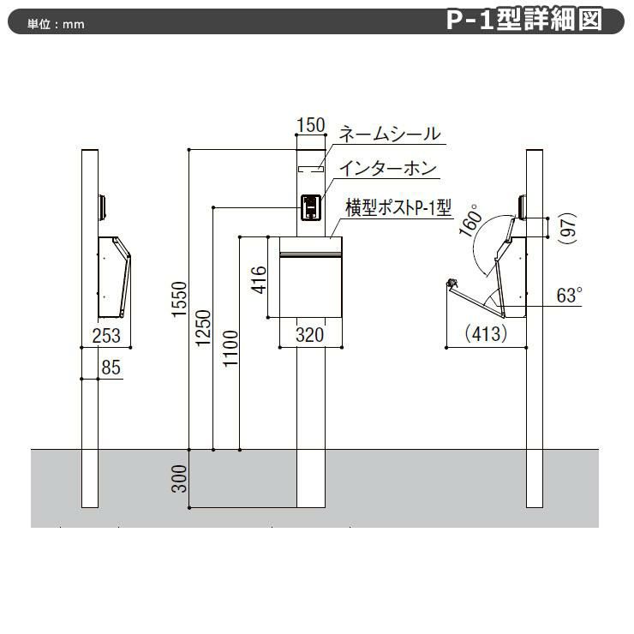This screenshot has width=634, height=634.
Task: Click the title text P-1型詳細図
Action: point(523,21)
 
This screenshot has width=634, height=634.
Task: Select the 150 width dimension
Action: point(311,125)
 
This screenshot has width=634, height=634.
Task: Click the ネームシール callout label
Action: point(390,135)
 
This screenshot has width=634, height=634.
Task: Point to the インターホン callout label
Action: point(387,170)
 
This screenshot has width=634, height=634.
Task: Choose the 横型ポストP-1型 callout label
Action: point(398,206)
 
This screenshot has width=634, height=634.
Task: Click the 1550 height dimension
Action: point(178,300)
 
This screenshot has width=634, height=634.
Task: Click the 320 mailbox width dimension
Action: point(310,335)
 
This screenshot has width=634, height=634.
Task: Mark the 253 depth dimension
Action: point(105,335)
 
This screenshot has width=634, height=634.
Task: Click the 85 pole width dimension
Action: point(110,368)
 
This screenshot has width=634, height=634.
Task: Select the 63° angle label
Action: point(569,296)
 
